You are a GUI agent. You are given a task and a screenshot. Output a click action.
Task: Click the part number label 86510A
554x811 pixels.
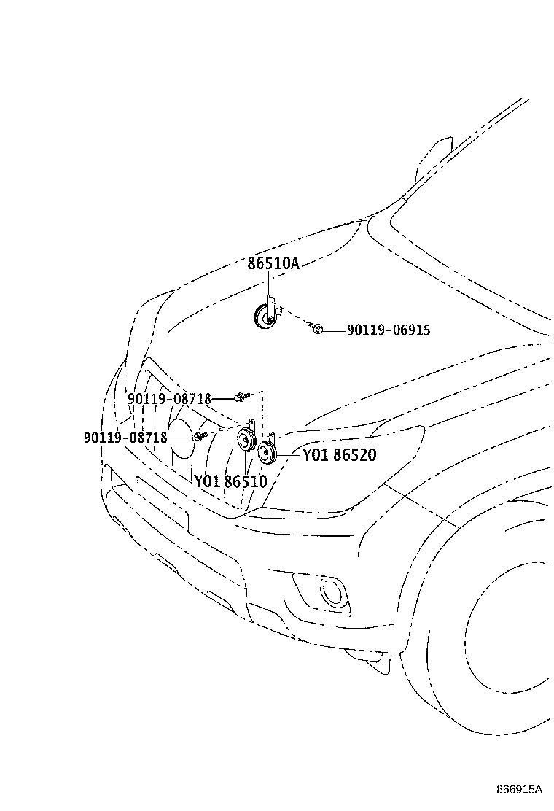click(x=273, y=263)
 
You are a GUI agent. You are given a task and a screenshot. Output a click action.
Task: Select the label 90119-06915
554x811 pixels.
click(x=388, y=330)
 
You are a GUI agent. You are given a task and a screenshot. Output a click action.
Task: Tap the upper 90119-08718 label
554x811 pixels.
click(x=170, y=399)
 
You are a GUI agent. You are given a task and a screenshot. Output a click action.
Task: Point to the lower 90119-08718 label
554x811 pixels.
click(x=125, y=438)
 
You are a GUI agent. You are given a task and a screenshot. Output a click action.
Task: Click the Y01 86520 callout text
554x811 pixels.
click(x=340, y=455)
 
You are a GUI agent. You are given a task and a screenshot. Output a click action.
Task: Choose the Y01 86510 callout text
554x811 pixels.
click(x=231, y=481)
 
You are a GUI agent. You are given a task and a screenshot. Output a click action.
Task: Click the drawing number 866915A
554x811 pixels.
click(x=519, y=789)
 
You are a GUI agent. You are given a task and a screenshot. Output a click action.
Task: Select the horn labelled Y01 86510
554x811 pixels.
click(x=245, y=439)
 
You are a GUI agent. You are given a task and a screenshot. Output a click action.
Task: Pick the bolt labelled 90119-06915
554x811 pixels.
click(x=316, y=327)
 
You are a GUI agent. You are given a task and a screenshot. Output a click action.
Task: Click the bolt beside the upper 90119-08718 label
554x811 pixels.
click(x=241, y=397)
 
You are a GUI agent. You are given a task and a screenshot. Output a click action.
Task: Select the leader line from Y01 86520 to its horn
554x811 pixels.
click(x=289, y=455)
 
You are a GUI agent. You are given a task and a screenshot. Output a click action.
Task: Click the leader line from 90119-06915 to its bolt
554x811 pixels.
click(x=334, y=330)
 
